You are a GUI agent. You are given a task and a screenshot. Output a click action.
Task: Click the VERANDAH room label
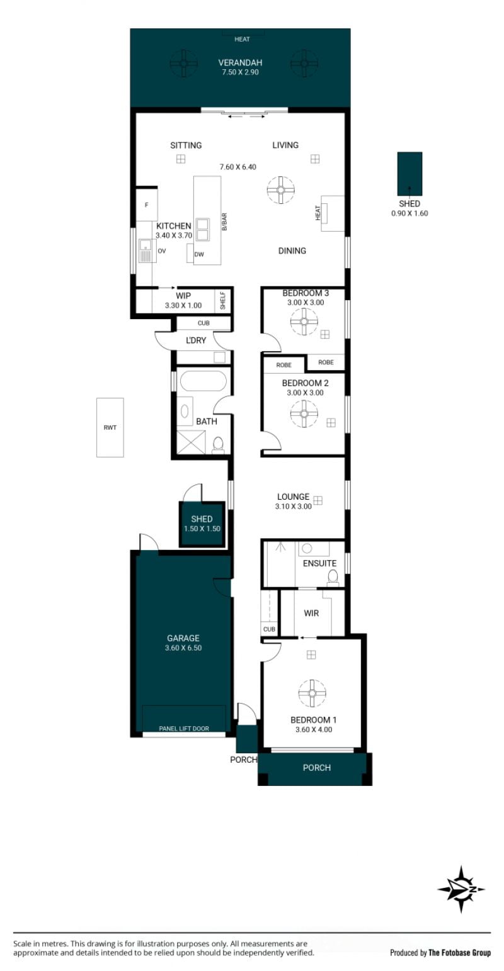coord(240,62)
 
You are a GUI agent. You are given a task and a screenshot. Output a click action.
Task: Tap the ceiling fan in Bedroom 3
coord(304,321)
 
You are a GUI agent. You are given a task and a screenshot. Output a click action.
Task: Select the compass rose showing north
coord(461,889)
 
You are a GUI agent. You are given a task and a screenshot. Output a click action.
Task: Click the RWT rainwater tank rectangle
coord(110,427)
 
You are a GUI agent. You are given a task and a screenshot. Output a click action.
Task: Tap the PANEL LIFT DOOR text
coord(184,728)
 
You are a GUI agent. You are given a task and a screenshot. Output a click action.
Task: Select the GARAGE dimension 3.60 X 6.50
coord(183,648)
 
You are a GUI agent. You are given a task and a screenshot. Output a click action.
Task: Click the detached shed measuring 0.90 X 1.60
coord(409,174)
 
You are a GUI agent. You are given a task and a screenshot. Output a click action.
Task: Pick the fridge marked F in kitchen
coord(147,205)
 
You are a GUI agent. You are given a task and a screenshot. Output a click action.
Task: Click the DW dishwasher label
coord(199,254)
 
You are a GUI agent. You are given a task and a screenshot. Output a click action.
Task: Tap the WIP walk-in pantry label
coord(183,296)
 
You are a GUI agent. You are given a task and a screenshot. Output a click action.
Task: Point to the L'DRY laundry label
coord(196,340)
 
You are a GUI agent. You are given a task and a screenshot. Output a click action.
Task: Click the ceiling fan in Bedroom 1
coord(312,693)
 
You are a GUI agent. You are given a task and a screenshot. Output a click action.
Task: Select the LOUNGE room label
coord(294,497)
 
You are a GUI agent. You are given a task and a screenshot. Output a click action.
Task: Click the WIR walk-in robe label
coord(311,613)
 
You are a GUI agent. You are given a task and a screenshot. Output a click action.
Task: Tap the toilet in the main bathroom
coord(218,445)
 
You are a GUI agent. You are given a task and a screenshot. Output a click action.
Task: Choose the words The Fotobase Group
coord(460,952)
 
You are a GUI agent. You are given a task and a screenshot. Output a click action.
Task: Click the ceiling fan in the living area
coord(281,190)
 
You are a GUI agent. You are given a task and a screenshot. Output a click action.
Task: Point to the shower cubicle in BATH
coord(191,442)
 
